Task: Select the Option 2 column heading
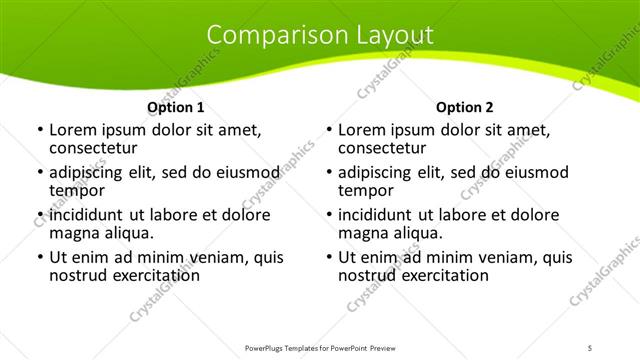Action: point(464,107)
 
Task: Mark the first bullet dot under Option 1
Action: point(39,130)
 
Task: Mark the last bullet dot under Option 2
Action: point(328,257)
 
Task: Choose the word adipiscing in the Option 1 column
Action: point(92,172)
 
